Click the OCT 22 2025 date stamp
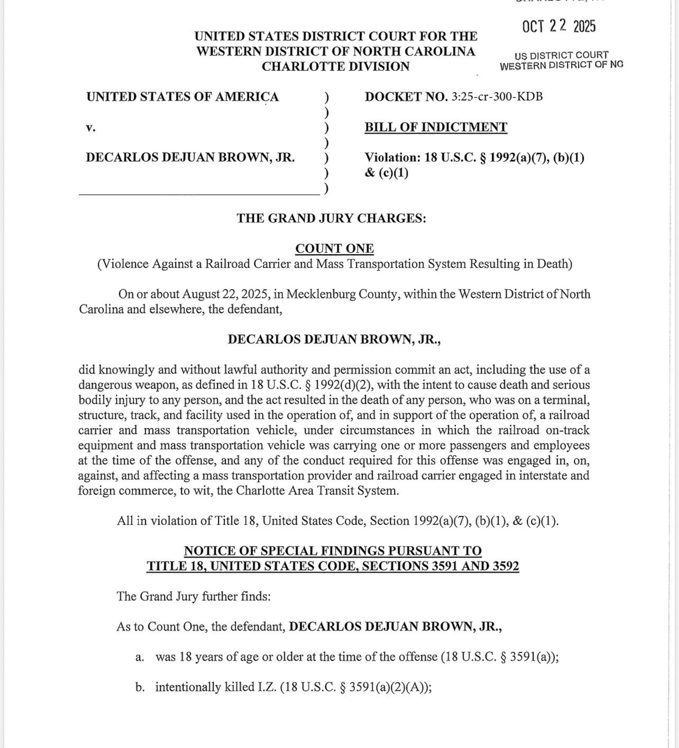[559, 26]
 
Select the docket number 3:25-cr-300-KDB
[497, 97]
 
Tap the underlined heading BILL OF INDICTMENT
[436, 127]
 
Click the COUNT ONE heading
[334, 248]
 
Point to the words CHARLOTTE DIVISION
[335, 67]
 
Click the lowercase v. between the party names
[90, 127]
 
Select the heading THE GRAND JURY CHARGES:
[331, 218]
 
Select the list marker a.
[140, 657]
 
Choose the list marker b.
[140, 687]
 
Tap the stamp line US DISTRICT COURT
[561, 55]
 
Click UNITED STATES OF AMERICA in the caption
[182, 97]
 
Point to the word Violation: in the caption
[392, 158]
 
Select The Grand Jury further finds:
[194, 597]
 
